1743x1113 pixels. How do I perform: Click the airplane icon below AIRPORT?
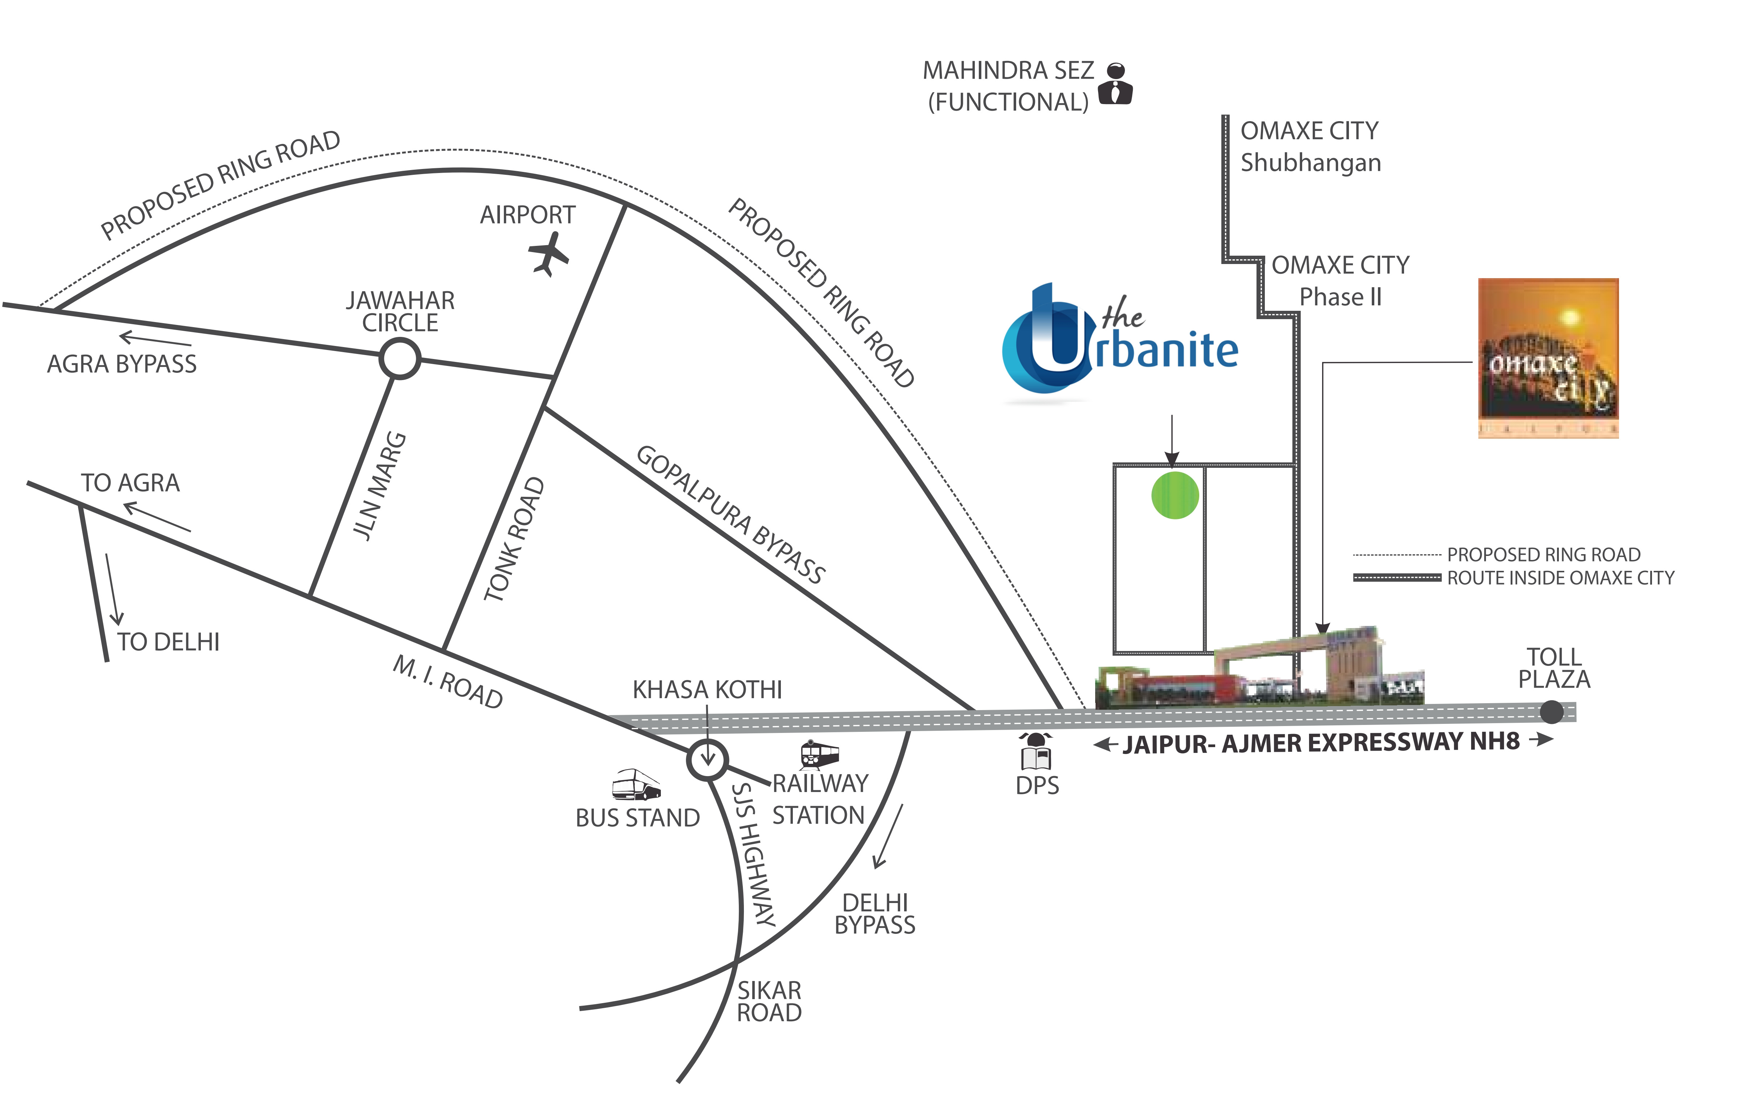[548, 253]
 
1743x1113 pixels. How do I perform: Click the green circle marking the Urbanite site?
[1175, 495]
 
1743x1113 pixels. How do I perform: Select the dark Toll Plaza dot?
[1551, 712]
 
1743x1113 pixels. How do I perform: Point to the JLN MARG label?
[380, 485]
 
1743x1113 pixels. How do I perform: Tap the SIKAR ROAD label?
[769, 1002]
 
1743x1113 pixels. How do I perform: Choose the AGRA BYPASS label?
[121, 363]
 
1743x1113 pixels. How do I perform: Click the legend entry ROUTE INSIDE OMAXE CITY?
[1560, 578]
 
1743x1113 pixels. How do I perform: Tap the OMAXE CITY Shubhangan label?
[1310, 147]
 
